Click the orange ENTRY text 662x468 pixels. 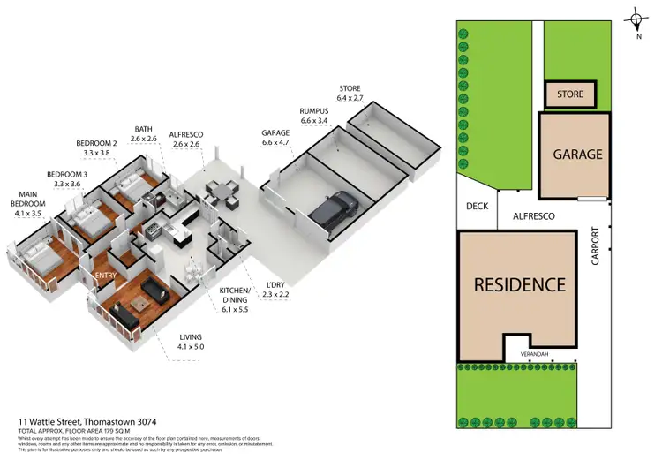pos(106,276)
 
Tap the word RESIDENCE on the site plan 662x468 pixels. pos(519,284)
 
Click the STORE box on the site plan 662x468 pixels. pos(569,94)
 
